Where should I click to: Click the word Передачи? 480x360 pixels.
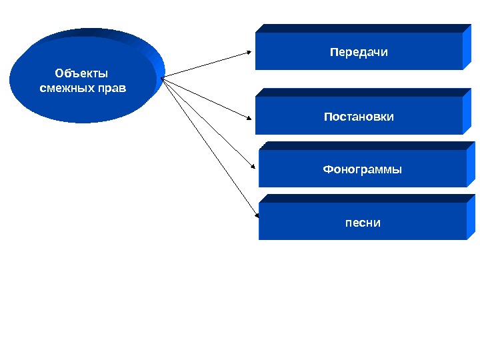(x=359, y=51)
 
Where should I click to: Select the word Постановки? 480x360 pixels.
(x=359, y=117)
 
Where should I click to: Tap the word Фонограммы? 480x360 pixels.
(x=362, y=169)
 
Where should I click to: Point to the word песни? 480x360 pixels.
(x=363, y=222)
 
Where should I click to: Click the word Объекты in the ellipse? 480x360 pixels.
(x=81, y=73)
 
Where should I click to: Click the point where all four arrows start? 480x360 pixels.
(x=161, y=77)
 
